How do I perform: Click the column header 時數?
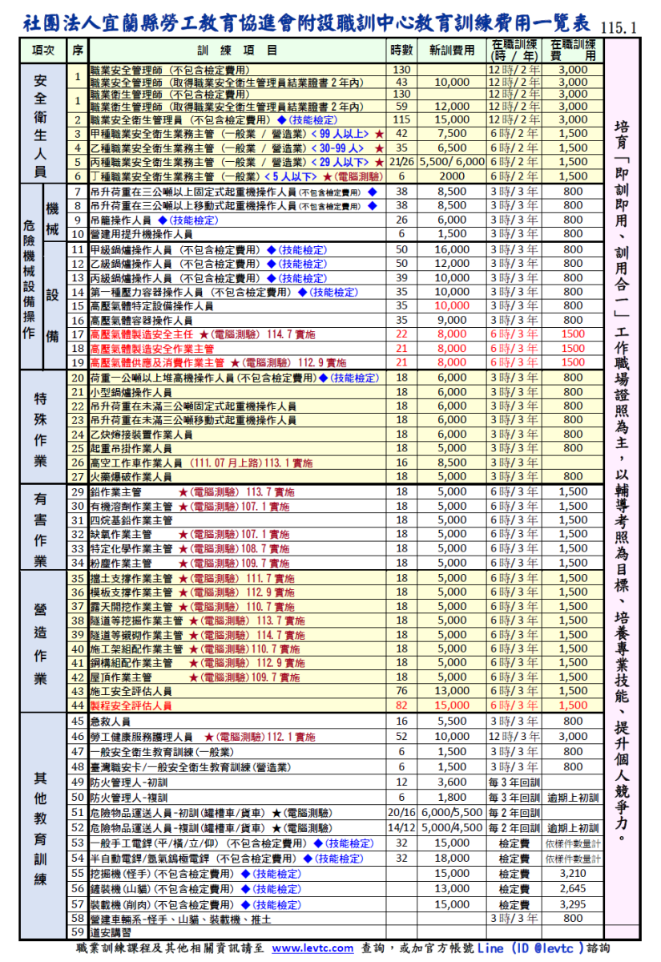pos(401,51)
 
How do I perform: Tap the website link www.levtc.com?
pos(312,948)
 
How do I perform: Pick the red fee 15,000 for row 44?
pos(452,705)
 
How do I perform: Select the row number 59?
pos(78,932)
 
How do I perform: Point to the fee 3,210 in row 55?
pos(573,874)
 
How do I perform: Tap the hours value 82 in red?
pos(401,705)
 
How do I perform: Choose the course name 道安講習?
pos(110,932)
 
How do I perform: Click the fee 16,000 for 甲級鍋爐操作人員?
pos(452,249)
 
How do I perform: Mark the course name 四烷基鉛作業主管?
pos(131,520)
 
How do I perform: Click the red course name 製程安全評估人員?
pos(131,705)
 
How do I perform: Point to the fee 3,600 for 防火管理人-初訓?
pos(452,782)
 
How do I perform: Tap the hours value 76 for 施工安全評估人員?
pos(401,691)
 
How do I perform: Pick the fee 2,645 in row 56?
pos(573,889)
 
